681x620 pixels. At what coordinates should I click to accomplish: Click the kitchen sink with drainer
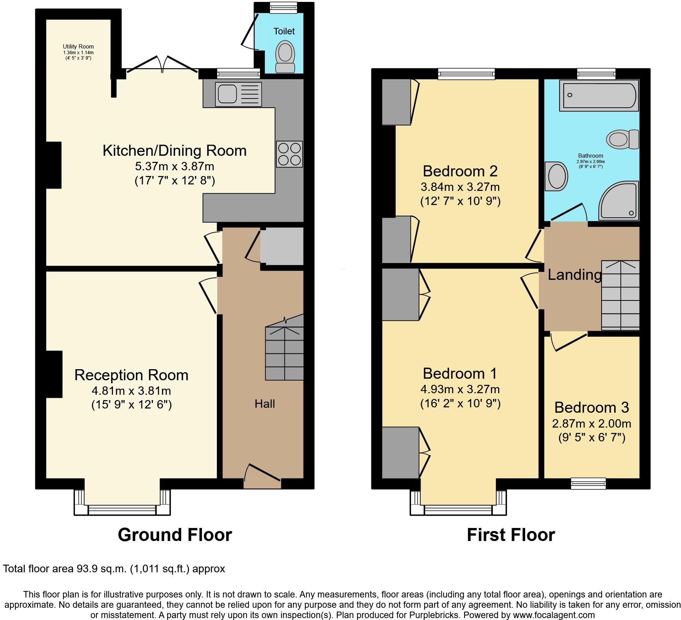click(x=238, y=94)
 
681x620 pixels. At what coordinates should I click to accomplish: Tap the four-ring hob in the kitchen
click(x=289, y=154)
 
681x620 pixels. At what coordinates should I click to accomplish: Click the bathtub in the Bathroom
click(x=599, y=95)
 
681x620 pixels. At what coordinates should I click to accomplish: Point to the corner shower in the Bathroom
click(x=620, y=201)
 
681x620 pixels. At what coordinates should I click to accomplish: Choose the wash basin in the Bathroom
click(x=557, y=176)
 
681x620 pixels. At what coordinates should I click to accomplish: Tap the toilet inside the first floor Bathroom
click(x=623, y=139)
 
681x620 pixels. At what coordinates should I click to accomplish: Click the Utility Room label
click(x=78, y=47)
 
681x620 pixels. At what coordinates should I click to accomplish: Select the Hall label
click(x=265, y=404)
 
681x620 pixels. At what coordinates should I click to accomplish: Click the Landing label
click(x=574, y=275)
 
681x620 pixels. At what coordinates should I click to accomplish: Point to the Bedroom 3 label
click(x=591, y=408)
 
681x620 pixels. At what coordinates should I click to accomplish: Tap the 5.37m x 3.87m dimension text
click(x=174, y=166)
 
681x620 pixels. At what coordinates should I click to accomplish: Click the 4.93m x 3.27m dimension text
click(x=460, y=389)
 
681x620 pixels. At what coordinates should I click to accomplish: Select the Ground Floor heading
click(x=175, y=535)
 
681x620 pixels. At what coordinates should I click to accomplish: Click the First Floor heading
click(x=511, y=535)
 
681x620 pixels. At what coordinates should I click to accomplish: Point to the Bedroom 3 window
click(x=588, y=483)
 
